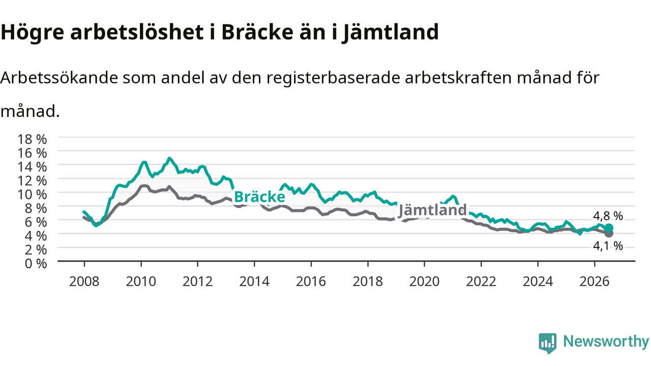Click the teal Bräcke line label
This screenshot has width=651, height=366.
point(259,197)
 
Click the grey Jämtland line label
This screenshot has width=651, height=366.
point(432,210)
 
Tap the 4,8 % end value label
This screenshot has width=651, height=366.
point(608,216)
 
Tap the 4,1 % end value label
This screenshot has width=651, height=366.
point(608,246)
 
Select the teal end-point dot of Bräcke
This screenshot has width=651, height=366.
point(609,228)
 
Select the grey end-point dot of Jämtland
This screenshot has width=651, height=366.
point(609,233)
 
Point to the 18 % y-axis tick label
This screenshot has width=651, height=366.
point(32,139)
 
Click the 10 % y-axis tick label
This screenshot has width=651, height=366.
point(32,195)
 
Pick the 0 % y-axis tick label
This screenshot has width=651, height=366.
point(36,264)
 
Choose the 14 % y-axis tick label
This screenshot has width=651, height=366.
point(32,167)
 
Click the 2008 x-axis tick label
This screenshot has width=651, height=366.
point(84,282)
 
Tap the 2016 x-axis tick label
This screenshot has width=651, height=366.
point(311,282)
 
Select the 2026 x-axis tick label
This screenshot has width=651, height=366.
point(595,282)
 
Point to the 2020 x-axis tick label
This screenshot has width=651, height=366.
point(424,282)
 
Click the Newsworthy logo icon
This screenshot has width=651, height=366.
point(548,343)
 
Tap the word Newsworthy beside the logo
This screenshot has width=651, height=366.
point(606,342)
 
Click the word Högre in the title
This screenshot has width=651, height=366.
point(32,33)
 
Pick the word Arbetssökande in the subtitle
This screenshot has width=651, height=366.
point(59,78)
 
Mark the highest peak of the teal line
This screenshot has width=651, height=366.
point(169,158)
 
